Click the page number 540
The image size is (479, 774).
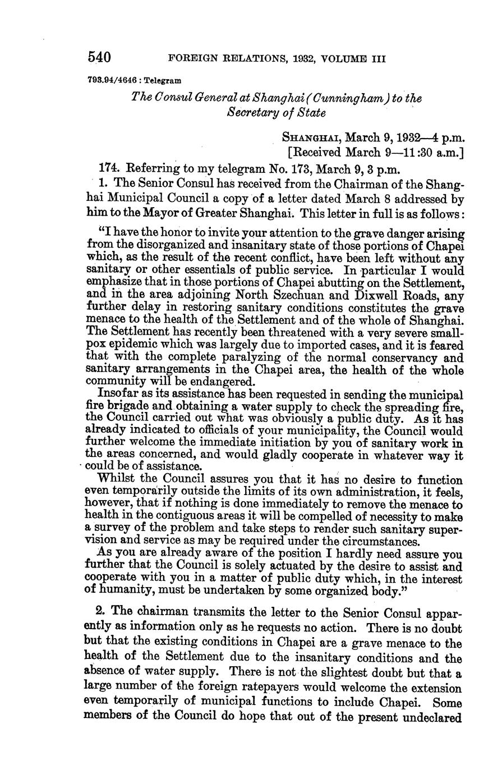click(x=99, y=57)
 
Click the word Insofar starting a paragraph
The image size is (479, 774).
click(x=117, y=395)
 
